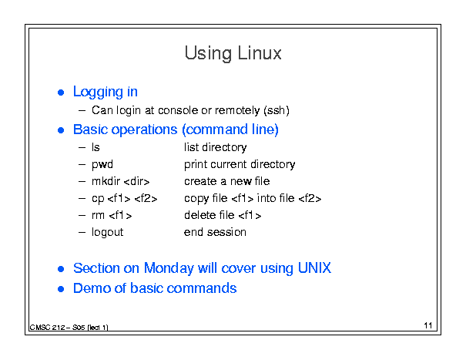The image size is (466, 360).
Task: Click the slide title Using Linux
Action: (x=233, y=53)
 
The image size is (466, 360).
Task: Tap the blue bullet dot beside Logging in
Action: (x=61, y=93)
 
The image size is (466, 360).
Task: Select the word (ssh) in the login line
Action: (x=277, y=110)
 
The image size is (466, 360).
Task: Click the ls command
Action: (x=96, y=147)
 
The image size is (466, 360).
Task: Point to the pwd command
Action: (x=102, y=164)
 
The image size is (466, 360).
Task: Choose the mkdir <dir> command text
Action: (x=120, y=181)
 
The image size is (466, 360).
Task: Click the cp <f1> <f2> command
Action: (x=124, y=198)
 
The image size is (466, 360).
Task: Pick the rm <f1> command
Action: (x=112, y=215)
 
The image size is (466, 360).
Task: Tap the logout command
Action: (x=107, y=232)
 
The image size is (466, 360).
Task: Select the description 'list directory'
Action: (x=215, y=147)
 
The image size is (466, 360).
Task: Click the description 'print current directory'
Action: (x=240, y=164)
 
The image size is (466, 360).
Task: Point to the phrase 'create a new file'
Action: (x=226, y=181)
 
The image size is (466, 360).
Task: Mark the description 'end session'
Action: (x=215, y=232)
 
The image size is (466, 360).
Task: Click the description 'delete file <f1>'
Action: (x=223, y=215)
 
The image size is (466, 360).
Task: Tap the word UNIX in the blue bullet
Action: (x=314, y=267)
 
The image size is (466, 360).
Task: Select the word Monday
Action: (x=169, y=268)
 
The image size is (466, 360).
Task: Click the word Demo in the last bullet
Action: (x=92, y=288)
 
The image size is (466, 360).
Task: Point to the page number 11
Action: (x=428, y=325)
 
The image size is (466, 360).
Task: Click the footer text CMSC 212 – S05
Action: (x=57, y=328)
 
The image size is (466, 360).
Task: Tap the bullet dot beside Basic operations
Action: (x=61, y=130)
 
